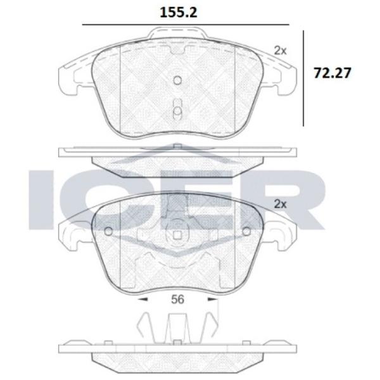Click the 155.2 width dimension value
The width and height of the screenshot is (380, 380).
(x=179, y=13)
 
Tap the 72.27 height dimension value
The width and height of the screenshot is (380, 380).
(x=332, y=73)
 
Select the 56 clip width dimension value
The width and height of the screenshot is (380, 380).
(x=177, y=300)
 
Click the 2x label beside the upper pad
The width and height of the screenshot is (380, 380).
(x=280, y=51)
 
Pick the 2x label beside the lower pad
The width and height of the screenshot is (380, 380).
(x=280, y=205)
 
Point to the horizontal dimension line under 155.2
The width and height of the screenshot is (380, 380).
(x=186, y=25)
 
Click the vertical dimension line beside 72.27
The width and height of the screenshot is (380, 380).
(x=303, y=79)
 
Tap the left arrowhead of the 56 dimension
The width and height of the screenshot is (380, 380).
(x=143, y=300)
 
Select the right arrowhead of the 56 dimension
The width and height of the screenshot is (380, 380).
(x=213, y=300)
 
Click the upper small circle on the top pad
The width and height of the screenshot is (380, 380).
(x=177, y=80)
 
